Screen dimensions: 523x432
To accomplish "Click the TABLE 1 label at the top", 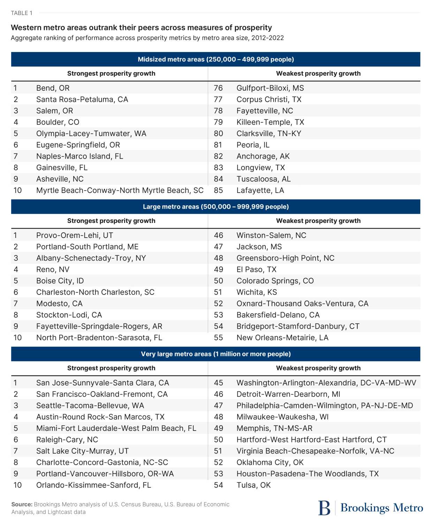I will (22, 13).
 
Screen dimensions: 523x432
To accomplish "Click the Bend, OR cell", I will (53, 88).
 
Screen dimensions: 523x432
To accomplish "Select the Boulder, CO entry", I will (58, 122).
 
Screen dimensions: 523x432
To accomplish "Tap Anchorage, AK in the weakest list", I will (263, 156).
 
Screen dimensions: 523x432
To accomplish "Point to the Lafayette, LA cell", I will (260, 190).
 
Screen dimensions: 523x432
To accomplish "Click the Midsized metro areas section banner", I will (215, 59).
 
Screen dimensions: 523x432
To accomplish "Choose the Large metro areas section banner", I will (215, 207).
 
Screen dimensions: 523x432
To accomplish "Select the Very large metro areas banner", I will (215, 354).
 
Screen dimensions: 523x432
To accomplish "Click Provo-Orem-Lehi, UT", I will (74, 235).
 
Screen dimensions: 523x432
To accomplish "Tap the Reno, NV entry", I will (53, 269).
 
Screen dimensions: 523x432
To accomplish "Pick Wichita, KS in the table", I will (257, 292).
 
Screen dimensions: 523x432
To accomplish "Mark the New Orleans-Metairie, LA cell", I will (282, 338).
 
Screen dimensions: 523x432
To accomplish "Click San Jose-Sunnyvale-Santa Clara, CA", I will (103, 383).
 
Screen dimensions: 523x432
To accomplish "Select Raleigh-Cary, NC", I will (67, 440).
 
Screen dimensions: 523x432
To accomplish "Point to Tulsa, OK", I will (253, 485).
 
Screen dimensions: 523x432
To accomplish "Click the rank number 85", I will (218, 190).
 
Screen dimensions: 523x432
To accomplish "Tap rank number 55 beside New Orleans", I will (218, 338).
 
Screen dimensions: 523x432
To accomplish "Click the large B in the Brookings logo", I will (324, 508).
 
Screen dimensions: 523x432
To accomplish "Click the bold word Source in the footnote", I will (22, 504).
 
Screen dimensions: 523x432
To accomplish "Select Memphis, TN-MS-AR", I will (274, 428).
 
